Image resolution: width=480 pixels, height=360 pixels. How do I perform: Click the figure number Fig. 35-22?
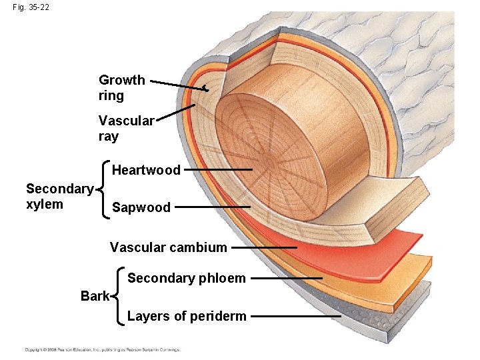[30, 7]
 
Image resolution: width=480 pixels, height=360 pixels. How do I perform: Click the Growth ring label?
[121, 88]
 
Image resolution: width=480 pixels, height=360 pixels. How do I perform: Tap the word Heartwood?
[146, 170]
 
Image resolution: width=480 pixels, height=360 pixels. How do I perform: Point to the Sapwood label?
[141, 207]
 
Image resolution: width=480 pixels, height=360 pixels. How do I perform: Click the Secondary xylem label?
[59, 197]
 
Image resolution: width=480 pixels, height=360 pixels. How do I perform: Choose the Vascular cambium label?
[168, 247]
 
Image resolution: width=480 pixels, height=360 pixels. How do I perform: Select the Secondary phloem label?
[186, 278]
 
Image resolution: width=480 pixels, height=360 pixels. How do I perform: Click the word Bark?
[95, 296]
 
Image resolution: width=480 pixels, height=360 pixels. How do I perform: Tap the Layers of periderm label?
[187, 316]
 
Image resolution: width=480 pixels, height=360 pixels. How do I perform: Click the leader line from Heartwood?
[218, 170]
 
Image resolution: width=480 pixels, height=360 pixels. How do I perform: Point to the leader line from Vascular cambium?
[264, 247]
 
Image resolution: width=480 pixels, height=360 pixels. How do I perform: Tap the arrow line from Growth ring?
[179, 84]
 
